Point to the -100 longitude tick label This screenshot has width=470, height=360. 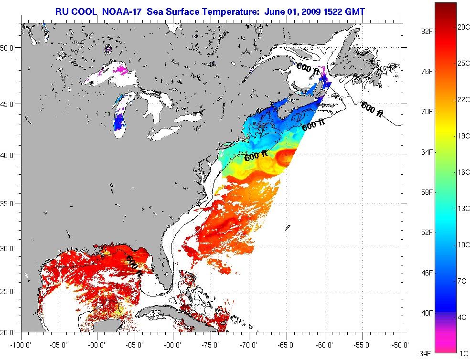pos(21,344)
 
